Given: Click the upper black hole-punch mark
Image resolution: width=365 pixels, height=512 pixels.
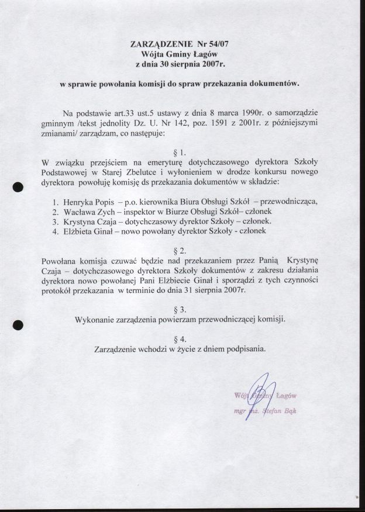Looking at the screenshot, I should click(18, 186).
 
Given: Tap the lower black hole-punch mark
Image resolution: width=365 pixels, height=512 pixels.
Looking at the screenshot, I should click(18, 324).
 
